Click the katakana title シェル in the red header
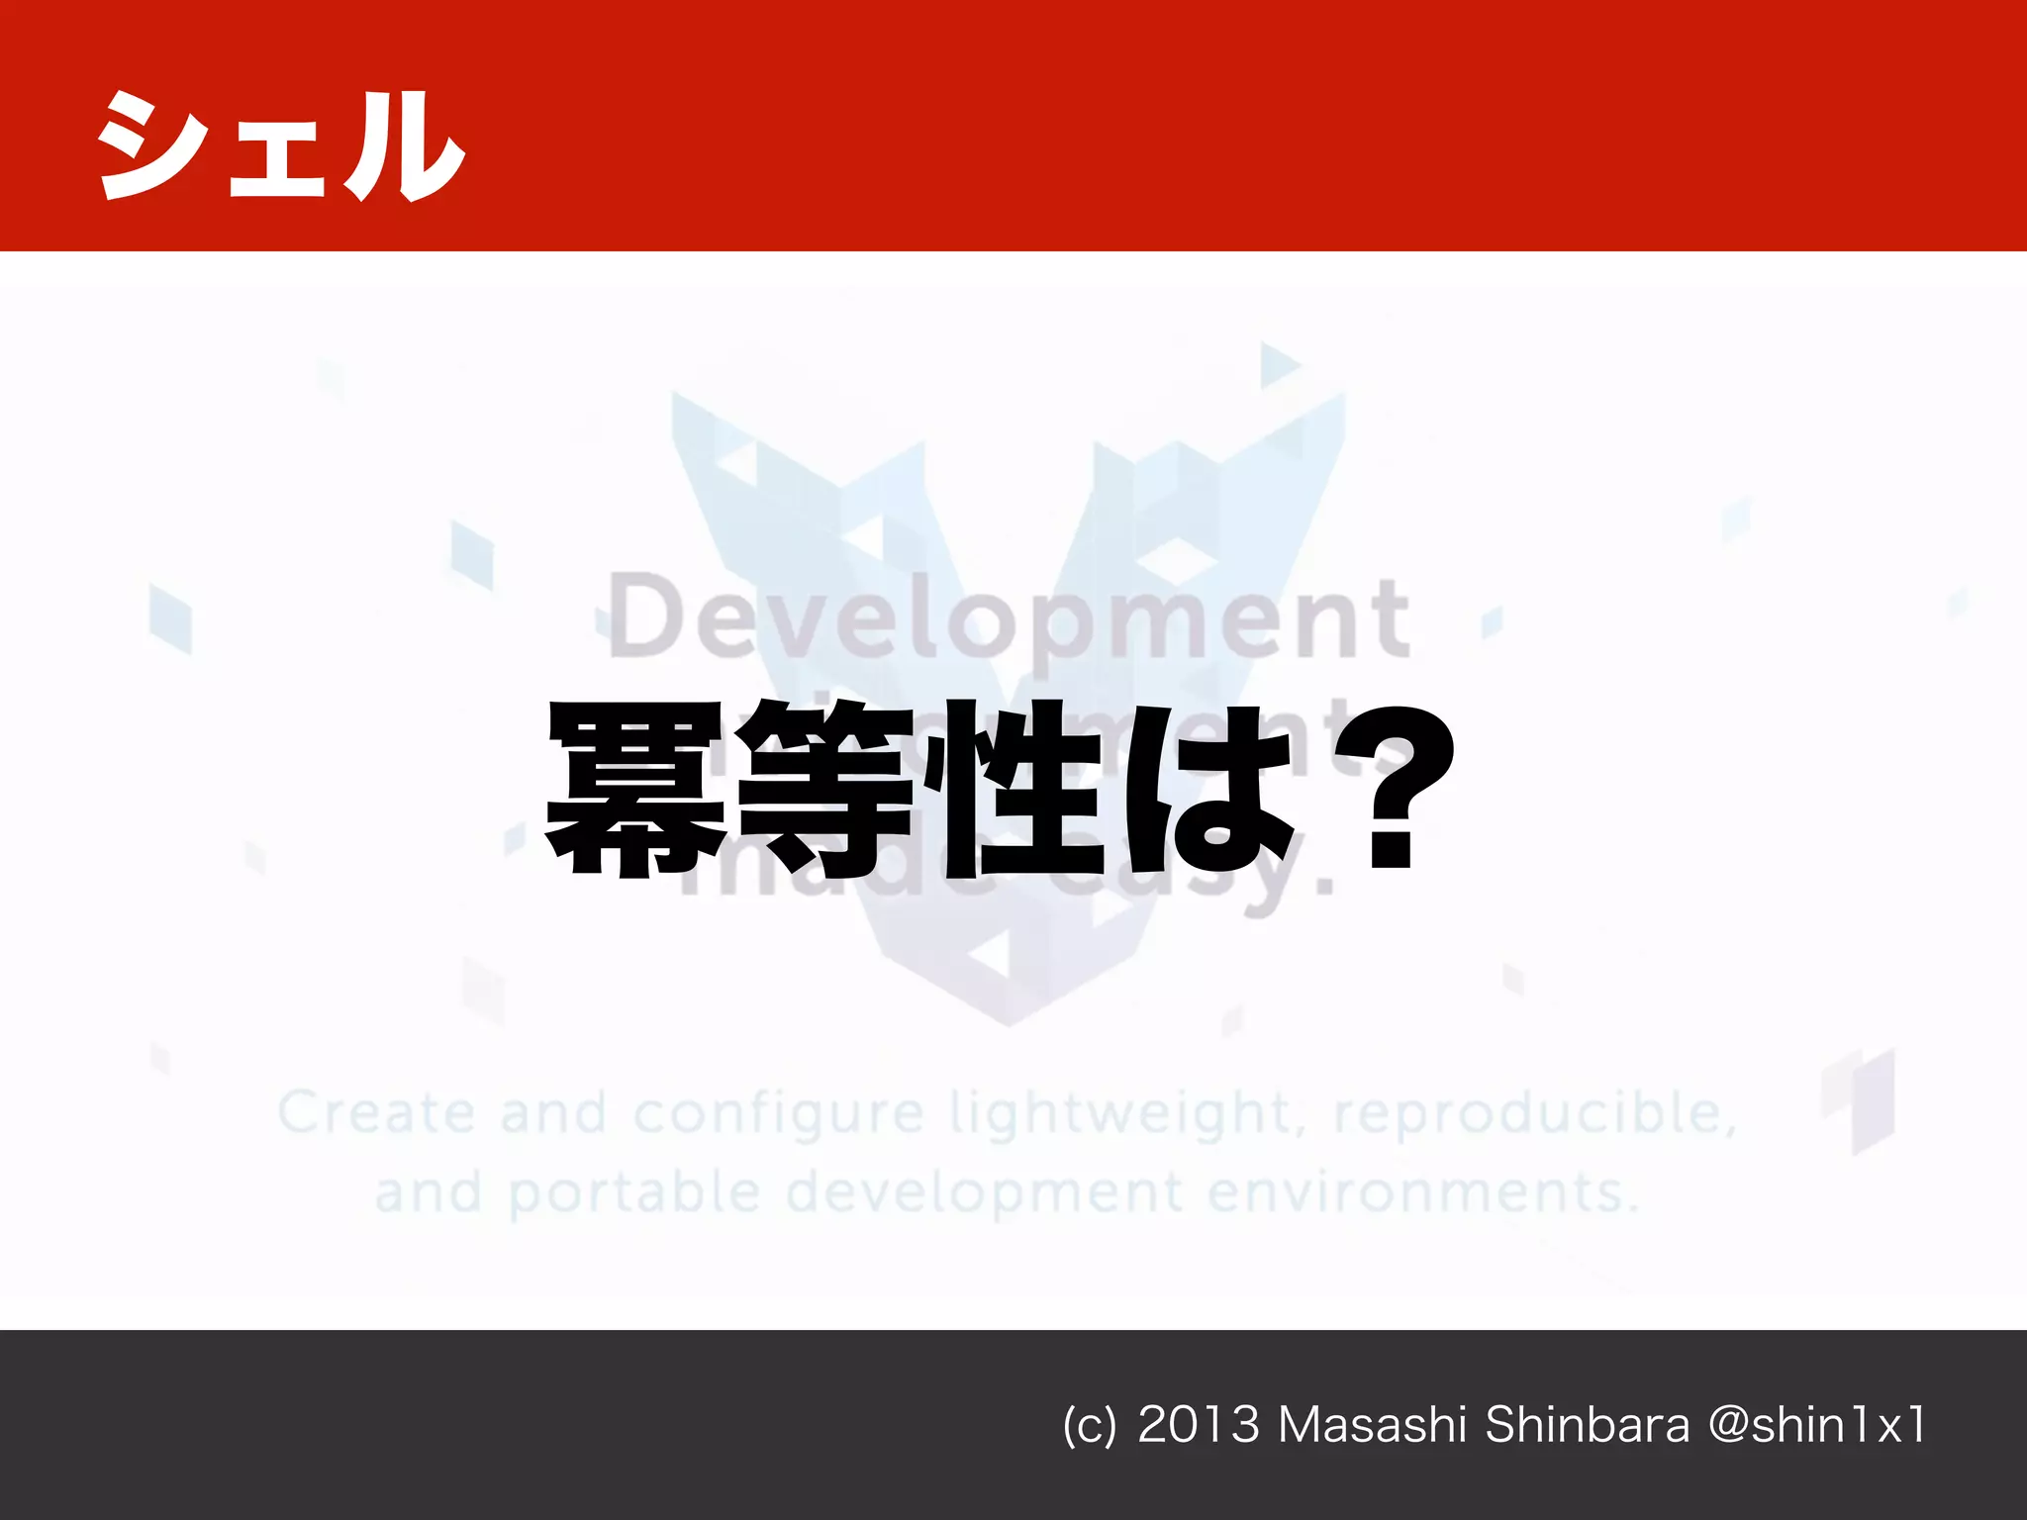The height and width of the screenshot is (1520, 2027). click(x=280, y=146)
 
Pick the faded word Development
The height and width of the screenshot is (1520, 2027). click(x=1009, y=619)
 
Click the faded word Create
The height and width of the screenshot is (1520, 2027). click(x=376, y=1113)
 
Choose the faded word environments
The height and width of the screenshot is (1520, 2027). click(x=1422, y=1192)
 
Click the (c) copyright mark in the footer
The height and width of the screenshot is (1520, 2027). click(x=1089, y=1426)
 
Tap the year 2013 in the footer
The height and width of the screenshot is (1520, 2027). click(x=1199, y=1426)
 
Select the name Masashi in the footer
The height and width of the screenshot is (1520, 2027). click(x=1372, y=1426)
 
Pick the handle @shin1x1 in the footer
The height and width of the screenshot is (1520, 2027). click(x=1817, y=1426)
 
